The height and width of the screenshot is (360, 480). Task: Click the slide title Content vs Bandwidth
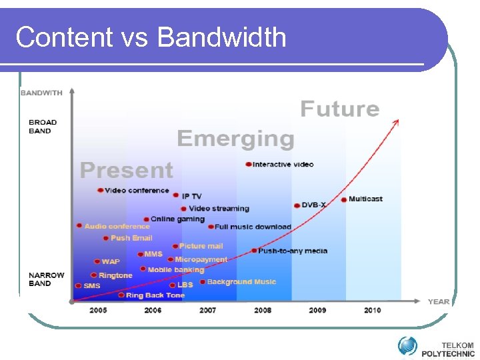151,37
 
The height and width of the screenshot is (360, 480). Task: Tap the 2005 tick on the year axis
98,310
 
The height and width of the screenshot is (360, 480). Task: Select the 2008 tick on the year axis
263,310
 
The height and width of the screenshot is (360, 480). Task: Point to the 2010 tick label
373,310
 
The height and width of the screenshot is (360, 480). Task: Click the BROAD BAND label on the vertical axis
43,127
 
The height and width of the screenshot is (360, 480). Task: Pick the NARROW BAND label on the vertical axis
47,279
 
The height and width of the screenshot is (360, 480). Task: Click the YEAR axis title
438,301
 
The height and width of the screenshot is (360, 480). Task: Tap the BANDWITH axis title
41,93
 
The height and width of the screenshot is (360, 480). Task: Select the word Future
339,109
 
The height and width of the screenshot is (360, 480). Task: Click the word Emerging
235,139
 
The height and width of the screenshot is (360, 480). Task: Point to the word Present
127,171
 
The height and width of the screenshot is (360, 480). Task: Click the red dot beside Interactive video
248,164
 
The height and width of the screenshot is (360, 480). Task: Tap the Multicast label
365,199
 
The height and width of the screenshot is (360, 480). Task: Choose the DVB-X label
313,205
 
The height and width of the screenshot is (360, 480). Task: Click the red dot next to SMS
79,286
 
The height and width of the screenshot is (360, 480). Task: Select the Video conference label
137,190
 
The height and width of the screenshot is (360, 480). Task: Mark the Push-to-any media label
293,251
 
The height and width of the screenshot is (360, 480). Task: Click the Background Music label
241,282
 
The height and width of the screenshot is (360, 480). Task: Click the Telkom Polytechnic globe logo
407,345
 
